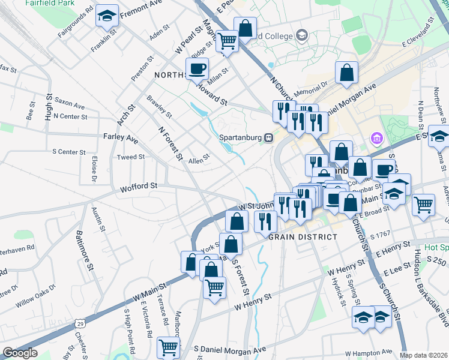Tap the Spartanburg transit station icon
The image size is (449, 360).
269,137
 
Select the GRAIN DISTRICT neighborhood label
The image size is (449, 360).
303,237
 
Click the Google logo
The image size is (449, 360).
20,353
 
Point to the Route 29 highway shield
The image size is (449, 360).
80,323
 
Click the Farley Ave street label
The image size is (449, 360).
120,137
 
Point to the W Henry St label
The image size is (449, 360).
253,301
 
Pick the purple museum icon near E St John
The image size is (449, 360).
376,140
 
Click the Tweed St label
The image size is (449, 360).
131,157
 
